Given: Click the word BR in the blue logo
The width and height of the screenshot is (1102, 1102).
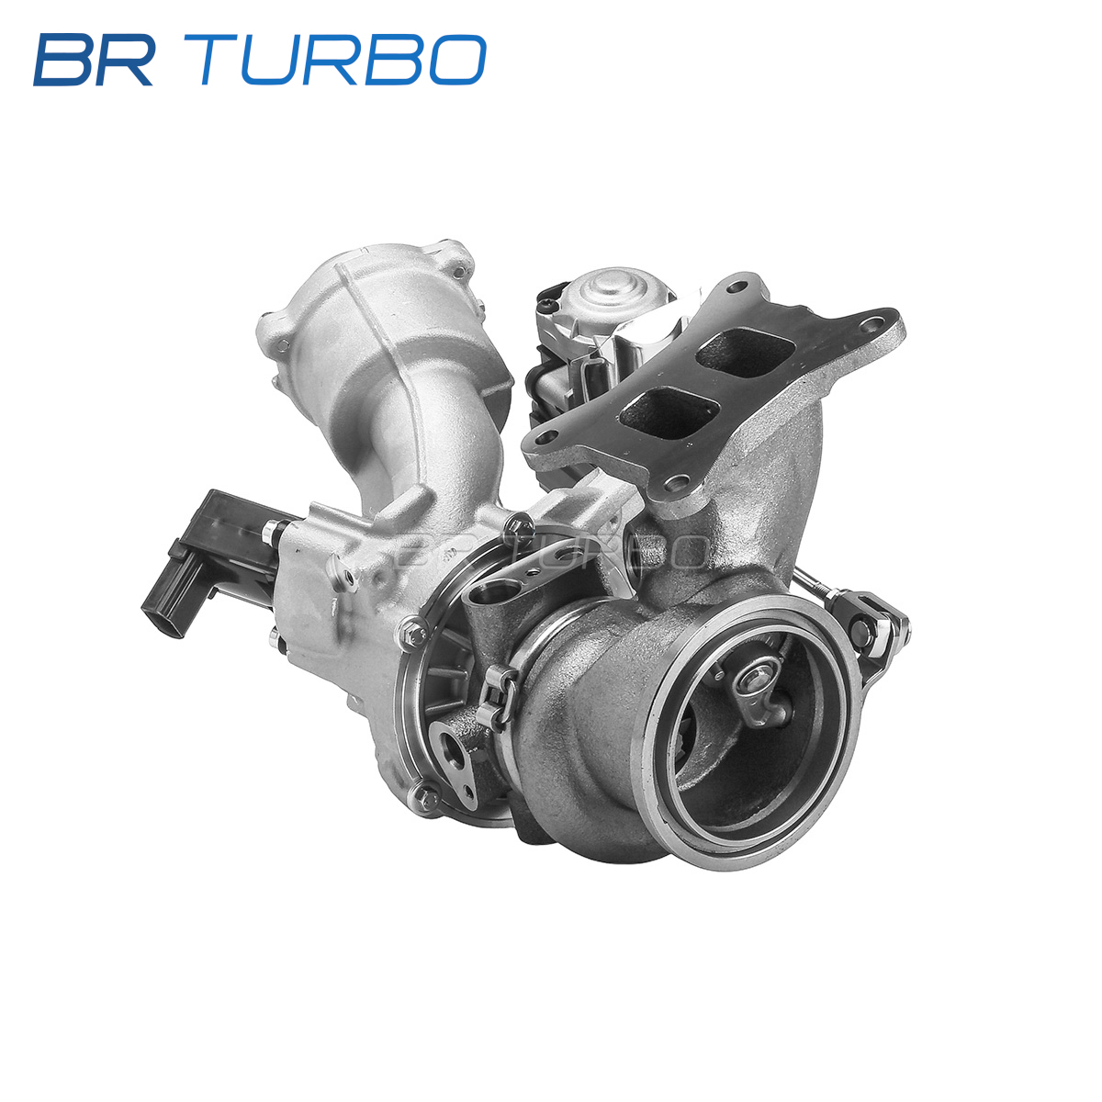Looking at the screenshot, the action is [94, 60].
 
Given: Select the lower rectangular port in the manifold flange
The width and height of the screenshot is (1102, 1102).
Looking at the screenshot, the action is [669, 413].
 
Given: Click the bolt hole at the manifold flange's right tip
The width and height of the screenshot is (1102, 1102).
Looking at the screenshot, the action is [871, 327].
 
